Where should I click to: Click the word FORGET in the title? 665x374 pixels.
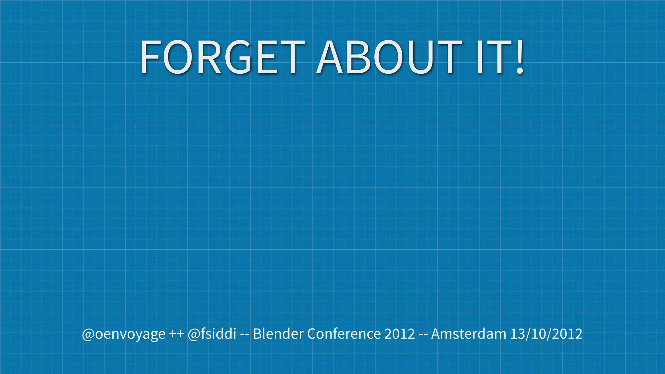(x=222, y=57)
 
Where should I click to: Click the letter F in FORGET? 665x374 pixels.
(x=150, y=57)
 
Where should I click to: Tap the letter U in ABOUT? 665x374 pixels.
(x=419, y=57)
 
